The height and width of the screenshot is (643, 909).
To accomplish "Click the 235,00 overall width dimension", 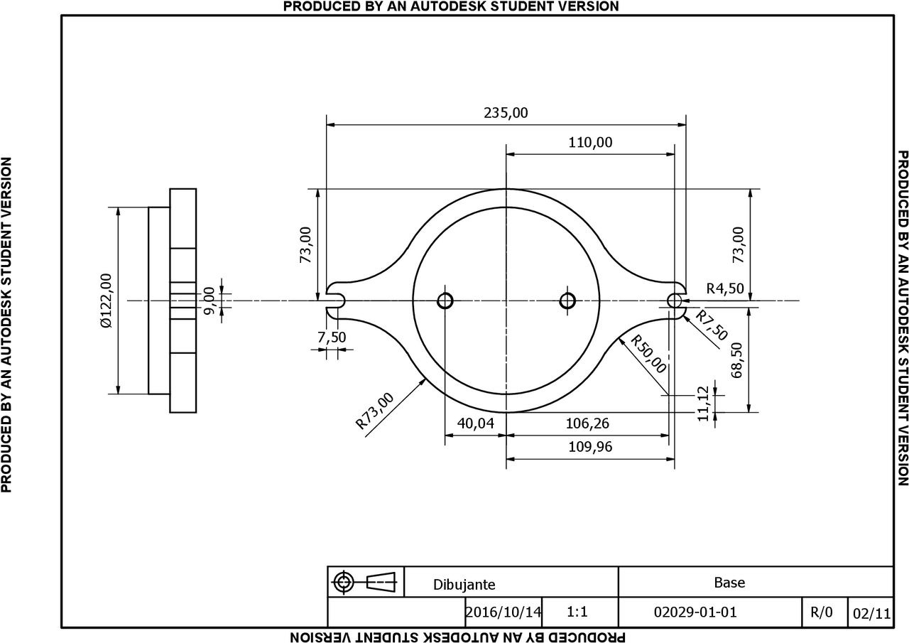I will pos(506,113).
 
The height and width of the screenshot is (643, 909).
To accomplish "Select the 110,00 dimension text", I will pos(590,142).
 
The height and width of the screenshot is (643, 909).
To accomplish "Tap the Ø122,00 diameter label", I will pos(107,301).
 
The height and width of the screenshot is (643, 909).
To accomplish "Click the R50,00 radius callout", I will pos(649,355).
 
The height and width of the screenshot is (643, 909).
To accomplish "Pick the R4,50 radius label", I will pos(725,288).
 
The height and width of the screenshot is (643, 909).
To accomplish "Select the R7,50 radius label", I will pos(711,326).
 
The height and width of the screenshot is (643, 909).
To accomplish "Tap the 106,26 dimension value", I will pos(587,423).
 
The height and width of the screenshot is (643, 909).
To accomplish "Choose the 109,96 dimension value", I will pos(590,447).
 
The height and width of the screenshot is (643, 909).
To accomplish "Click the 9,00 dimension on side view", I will pos(209,301).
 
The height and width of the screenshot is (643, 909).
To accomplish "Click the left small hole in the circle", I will pos(445,301).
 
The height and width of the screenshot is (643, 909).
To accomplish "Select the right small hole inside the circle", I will pos(567,301).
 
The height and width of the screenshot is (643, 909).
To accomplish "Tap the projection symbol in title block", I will pos(366,583).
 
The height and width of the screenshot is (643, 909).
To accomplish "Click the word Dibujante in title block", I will pos(464,585).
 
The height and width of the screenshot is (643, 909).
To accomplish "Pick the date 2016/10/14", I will pos(504,612).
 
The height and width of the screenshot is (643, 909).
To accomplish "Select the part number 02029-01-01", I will pos(695,612).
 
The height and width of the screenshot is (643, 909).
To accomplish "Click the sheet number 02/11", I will pos(872,613).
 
